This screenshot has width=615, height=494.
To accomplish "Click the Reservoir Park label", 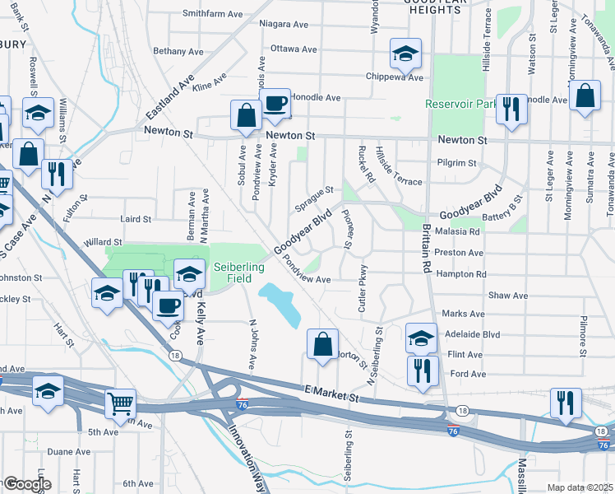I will pos(460,104).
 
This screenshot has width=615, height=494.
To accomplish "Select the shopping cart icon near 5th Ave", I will pos(120,403).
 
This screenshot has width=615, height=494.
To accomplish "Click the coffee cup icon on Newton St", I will pos(275,103).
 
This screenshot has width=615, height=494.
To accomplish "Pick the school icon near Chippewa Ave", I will pos(405,54).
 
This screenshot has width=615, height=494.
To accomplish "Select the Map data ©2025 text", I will pos(580,487).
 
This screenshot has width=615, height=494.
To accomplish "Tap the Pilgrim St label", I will pos(457,163).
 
